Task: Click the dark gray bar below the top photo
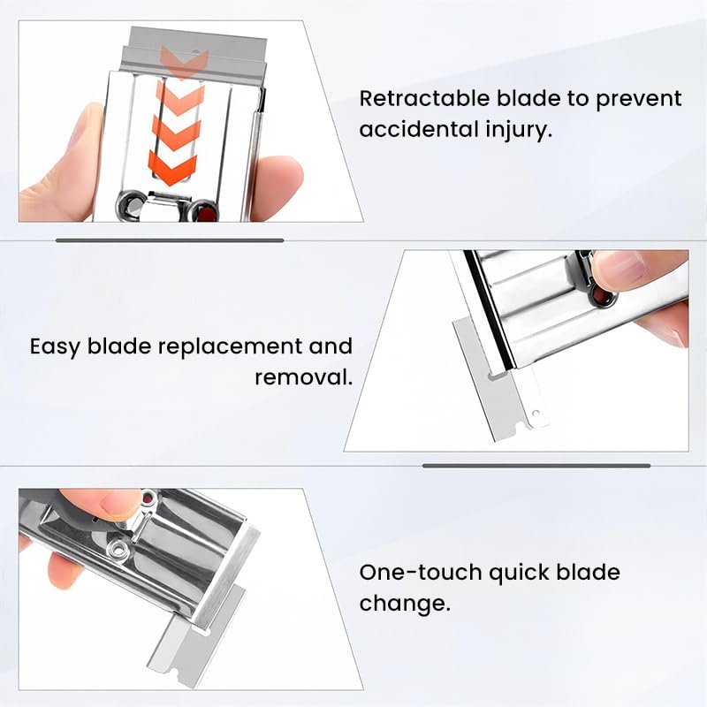[169, 239]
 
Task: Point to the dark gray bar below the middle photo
[536, 465]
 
